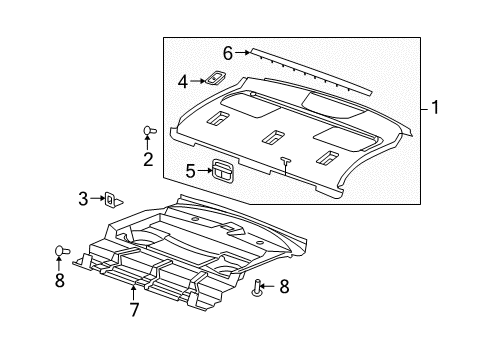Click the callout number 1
click(435, 107)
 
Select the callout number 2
click(148, 159)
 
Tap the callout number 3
click(83, 199)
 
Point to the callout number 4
click(183, 82)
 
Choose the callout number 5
click(190, 171)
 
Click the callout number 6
click(228, 53)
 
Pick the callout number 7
click(134, 310)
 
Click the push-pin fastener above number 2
click(149, 130)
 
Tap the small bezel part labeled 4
click(215, 78)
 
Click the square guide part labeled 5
click(223, 171)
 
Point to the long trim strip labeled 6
click(311, 71)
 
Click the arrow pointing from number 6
click(242, 52)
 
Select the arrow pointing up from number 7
click(133, 293)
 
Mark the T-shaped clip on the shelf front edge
click(286, 166)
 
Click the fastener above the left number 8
click(62, 251)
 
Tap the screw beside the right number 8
click(256, 288)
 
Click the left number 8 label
click(60, 280)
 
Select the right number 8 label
click(284, 287)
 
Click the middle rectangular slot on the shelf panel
click(273, 137)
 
